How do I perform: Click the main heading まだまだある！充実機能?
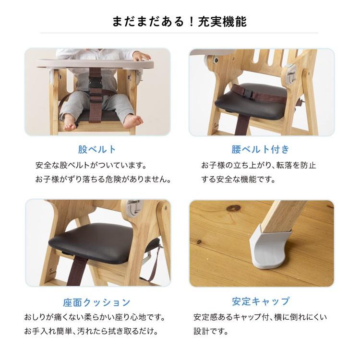[x=180, y=21]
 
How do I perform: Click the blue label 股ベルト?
[x=97, y=149]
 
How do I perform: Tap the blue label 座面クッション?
[x=97, y=302]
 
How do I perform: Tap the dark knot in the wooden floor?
[x=233, y=208]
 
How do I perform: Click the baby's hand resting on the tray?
[x=140, y=57]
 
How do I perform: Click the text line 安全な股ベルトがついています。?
[x=91, y=166]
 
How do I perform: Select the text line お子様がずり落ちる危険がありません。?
[x=103, y=180]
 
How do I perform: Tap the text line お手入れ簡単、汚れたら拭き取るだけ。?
[x=91, y=332]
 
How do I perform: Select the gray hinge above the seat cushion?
[x=133, y=207]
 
